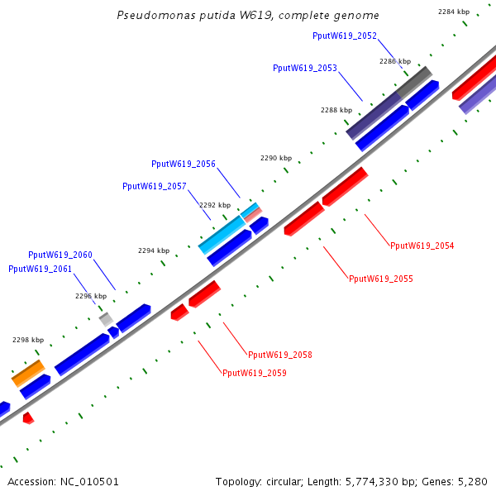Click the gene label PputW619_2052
(345, 36)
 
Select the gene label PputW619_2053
(304, 68)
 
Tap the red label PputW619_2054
(422, 246)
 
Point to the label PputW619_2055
(380, 279)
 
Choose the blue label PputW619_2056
(183, 164)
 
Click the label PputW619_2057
(154, 186)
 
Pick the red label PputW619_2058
(279, 355)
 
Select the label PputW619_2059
(254, 373)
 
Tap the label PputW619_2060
(60, 255)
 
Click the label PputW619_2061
(40, 269)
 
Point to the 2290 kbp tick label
(276, 158)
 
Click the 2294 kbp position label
(153, 250)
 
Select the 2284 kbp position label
(453, 12)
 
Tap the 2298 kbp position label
(27, 340)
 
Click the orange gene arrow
(27, 373)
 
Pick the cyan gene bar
(222, 235)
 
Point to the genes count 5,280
(473, 481)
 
